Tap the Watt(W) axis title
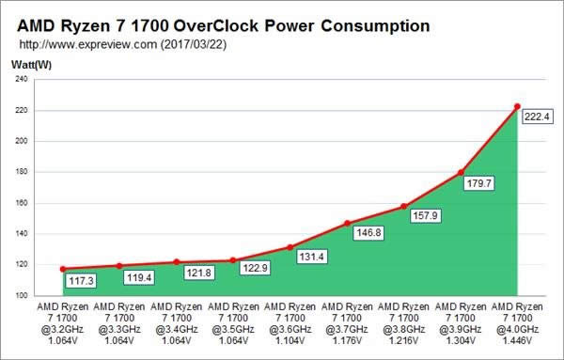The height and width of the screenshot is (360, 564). [30, 64]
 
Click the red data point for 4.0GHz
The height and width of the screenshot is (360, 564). [517, 106]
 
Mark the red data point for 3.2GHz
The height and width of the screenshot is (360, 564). [62, 269]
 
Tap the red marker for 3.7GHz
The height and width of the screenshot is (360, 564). [347, 224]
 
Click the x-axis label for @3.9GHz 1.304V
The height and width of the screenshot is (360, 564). [461, 325]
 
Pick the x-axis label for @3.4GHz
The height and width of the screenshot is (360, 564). [176, 325]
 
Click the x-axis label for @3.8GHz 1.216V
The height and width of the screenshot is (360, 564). [403, 325]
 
